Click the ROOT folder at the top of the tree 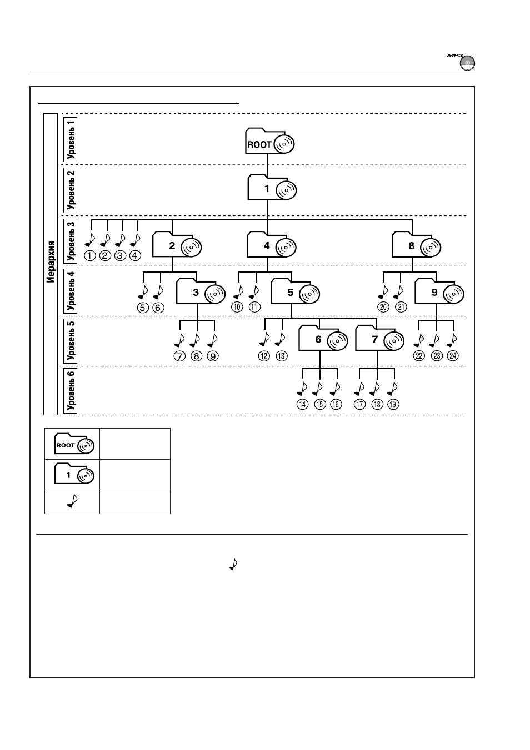point(269,140)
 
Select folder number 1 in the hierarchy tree point(272,187)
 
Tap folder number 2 point(177,244)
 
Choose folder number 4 point(272,244)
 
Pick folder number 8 point(417,244)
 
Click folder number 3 point(201,291)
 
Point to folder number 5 point(296,291)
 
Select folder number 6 point(323,338)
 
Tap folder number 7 point(379,338)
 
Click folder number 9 point(439,291)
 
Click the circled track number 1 point(90,256)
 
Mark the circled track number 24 point(453,356)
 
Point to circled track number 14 point(302,405)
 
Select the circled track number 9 point(213,356)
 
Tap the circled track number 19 point(393,405)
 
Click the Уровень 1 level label point(71,140)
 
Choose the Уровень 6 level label point(71,391)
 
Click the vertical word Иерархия point(51,261)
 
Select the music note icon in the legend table point(72,501)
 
